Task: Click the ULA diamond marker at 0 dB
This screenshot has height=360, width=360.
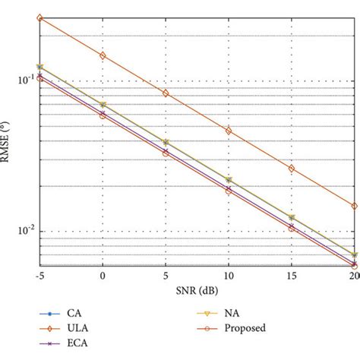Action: click(x=103, y=55)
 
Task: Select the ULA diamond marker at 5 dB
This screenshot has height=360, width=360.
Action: click(x=166, y=93)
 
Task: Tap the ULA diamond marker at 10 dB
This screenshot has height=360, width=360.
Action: click(x=229, y=131)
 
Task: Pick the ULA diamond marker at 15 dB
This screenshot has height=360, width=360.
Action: click(x=292, y=168)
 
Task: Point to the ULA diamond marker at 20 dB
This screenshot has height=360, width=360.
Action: click(x=354, y=206)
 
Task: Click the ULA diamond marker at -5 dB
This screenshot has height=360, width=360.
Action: click(x=40, y=17)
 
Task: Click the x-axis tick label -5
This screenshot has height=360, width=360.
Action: click(x=39, y=279)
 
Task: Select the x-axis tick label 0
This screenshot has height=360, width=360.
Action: click(x=103, y=279)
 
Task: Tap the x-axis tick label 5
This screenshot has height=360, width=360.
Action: click(x=166, y=279)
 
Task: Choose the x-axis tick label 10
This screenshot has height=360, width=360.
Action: click(x=229, y=279)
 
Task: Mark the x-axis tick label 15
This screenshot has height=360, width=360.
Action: click(x=292, y=279)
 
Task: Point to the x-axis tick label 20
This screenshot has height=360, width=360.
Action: click(x=352, y=279)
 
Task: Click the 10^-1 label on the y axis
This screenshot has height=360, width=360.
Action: click(x=24, y=80)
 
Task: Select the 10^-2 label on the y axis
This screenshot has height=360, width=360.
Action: click(x=24, y=231)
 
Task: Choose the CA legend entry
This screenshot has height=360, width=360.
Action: click(x=73, y=312)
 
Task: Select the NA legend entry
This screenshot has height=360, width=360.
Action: click(x=229, y=312)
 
